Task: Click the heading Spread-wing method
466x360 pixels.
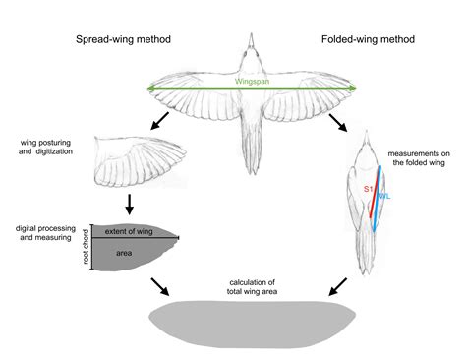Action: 122,40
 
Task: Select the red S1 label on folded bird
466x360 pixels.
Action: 368,186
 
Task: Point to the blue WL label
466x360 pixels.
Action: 386,197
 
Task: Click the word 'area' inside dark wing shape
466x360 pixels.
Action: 123,252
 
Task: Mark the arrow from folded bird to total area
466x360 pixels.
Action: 337,286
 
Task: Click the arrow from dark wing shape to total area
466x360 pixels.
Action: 157,286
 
